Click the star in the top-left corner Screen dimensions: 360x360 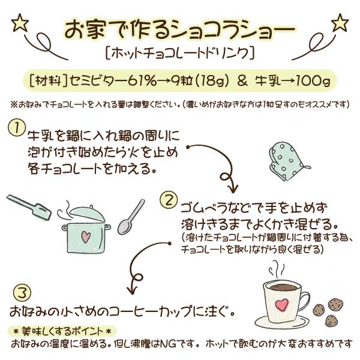pyautogui.click(x=20, y=23)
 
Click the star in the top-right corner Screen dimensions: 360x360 pyautogui.click(x=340, y=23)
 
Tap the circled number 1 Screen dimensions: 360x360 pyautogui.click(x=17, y=128)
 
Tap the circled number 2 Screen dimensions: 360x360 pyautogui.click(x=169, y=200)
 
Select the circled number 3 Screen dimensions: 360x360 pyautogui.click(x=22, y=293)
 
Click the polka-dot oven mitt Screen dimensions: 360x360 pyautogui.click(x=287, y=161)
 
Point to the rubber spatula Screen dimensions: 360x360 pyautogui.click(x=29, y=207)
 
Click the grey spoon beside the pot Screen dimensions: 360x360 pyautogui.click(x=131, y=217)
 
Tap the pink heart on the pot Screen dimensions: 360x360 pyautogui.click(x=86, y=237)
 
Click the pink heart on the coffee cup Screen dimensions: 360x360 pyautogui.click(x=281, y=305)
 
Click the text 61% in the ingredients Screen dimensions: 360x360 pyautogui.click(x=142, y=80)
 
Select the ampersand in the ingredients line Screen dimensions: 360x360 pyautogui.click(x=242, y=81)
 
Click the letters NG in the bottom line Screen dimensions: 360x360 pyautogui.click(x=169, y=344)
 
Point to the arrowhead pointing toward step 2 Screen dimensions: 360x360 pyautogui.click(x=233, y=188)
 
